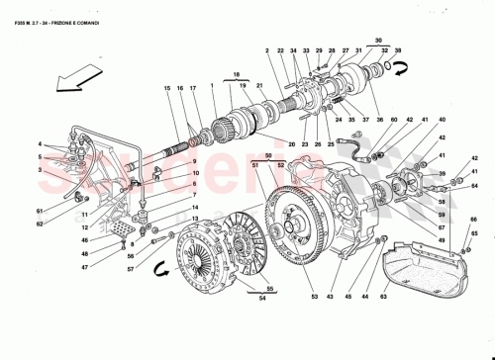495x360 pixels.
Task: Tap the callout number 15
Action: pyautogui.click(x=169, y=89)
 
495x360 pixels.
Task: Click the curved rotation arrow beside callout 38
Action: pyautogui.click(x=400, y=69)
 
